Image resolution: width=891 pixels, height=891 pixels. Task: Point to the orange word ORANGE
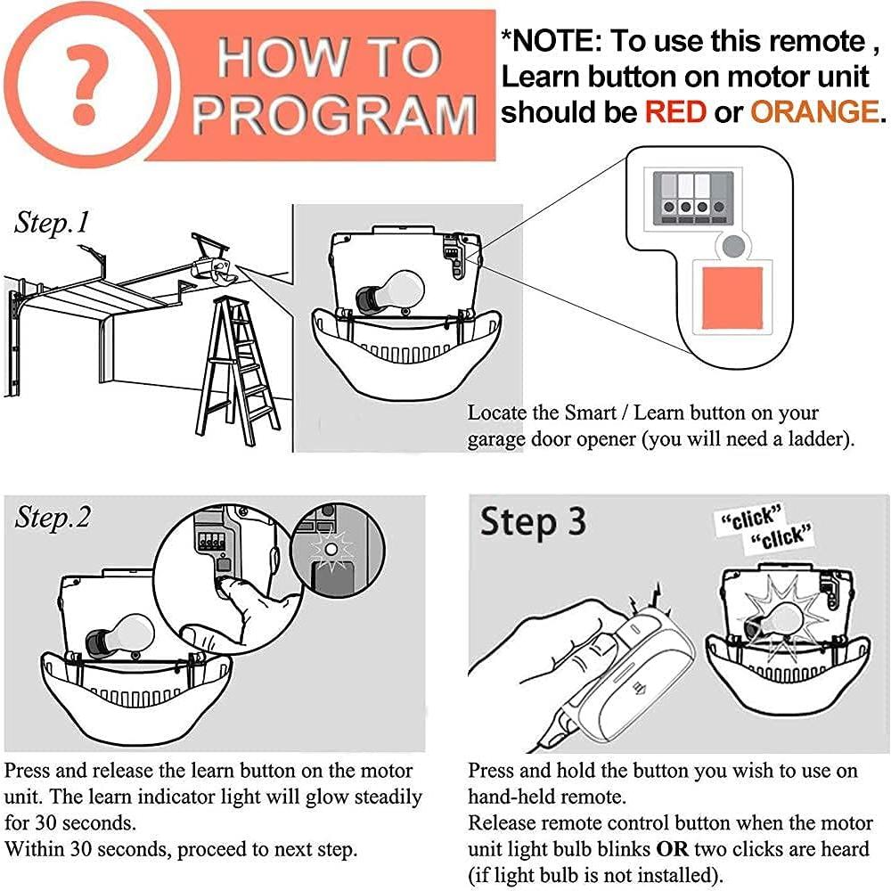[x=813, y=112]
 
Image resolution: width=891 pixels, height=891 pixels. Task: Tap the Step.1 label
[x=52, y=223]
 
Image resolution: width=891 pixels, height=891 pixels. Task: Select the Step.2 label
[x=53, y=518]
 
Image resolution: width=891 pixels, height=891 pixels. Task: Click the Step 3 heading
[x=533, y=522]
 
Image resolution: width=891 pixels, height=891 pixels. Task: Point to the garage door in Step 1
[x=89, y=321]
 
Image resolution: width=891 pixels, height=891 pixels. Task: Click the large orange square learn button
[x=732, y=299]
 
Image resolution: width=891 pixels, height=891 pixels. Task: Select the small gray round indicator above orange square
[x=732, y=247]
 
